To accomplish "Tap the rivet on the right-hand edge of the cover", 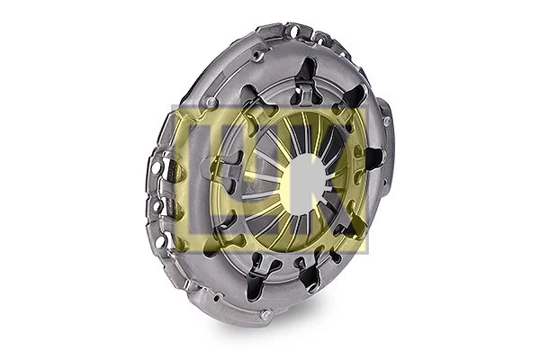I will coord(386,121).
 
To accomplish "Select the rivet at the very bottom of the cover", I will coord(265,314).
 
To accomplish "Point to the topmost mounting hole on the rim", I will coord(292,31).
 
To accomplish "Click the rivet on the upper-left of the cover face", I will coord(211,103).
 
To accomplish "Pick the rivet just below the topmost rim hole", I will coord(258,56).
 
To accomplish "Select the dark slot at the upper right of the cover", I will coord(353,97).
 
